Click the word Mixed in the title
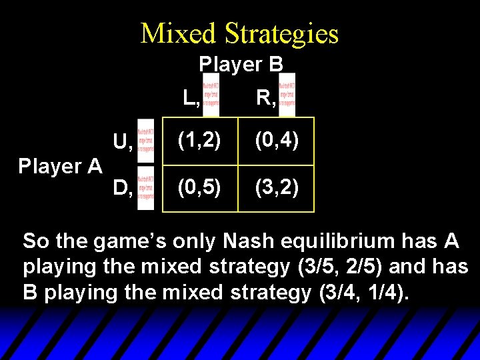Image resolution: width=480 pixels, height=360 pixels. [177, 34]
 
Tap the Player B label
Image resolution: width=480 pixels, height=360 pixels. [241, 64]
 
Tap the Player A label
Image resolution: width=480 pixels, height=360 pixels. [60, 166]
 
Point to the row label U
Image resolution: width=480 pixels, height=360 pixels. [121, 142]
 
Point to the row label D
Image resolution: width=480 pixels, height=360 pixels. [121, 189]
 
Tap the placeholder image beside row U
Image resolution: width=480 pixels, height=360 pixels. [145, 141]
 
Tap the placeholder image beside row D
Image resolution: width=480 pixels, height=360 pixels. [145, 189]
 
